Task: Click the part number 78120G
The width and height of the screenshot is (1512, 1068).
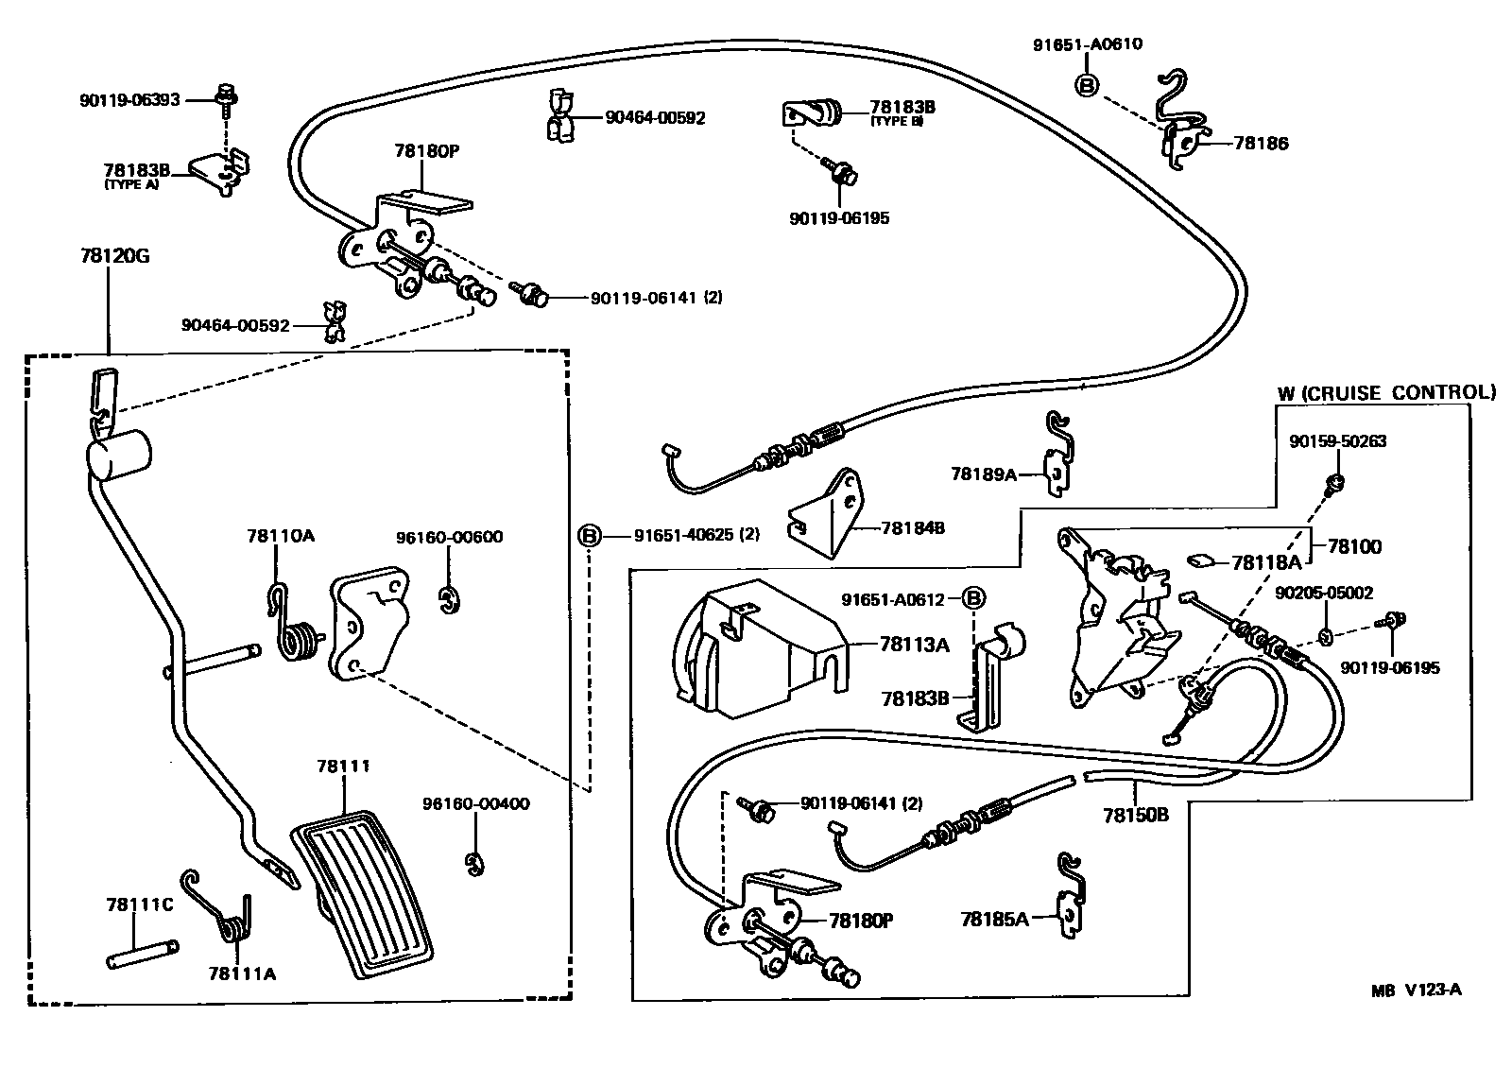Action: (111, 255)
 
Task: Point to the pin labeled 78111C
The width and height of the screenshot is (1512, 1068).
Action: (141, 949)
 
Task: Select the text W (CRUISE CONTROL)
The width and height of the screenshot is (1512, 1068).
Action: (1386, 392)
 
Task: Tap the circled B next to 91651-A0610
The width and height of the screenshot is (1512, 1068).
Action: (1087, 85)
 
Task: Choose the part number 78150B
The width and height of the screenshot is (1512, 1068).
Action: (1135, 814)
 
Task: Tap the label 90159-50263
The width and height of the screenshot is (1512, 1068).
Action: (1340, 441)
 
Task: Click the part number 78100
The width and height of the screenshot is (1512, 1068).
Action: (1354, 546)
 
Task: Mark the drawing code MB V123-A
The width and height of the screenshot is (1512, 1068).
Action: (1417, 990)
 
